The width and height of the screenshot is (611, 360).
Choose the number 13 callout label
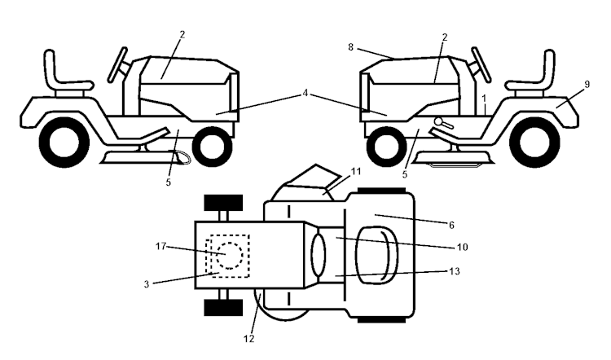click(464, 271)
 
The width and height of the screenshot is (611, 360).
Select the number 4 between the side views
click(305, 94)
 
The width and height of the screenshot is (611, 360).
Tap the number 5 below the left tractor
click(169, 182)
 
